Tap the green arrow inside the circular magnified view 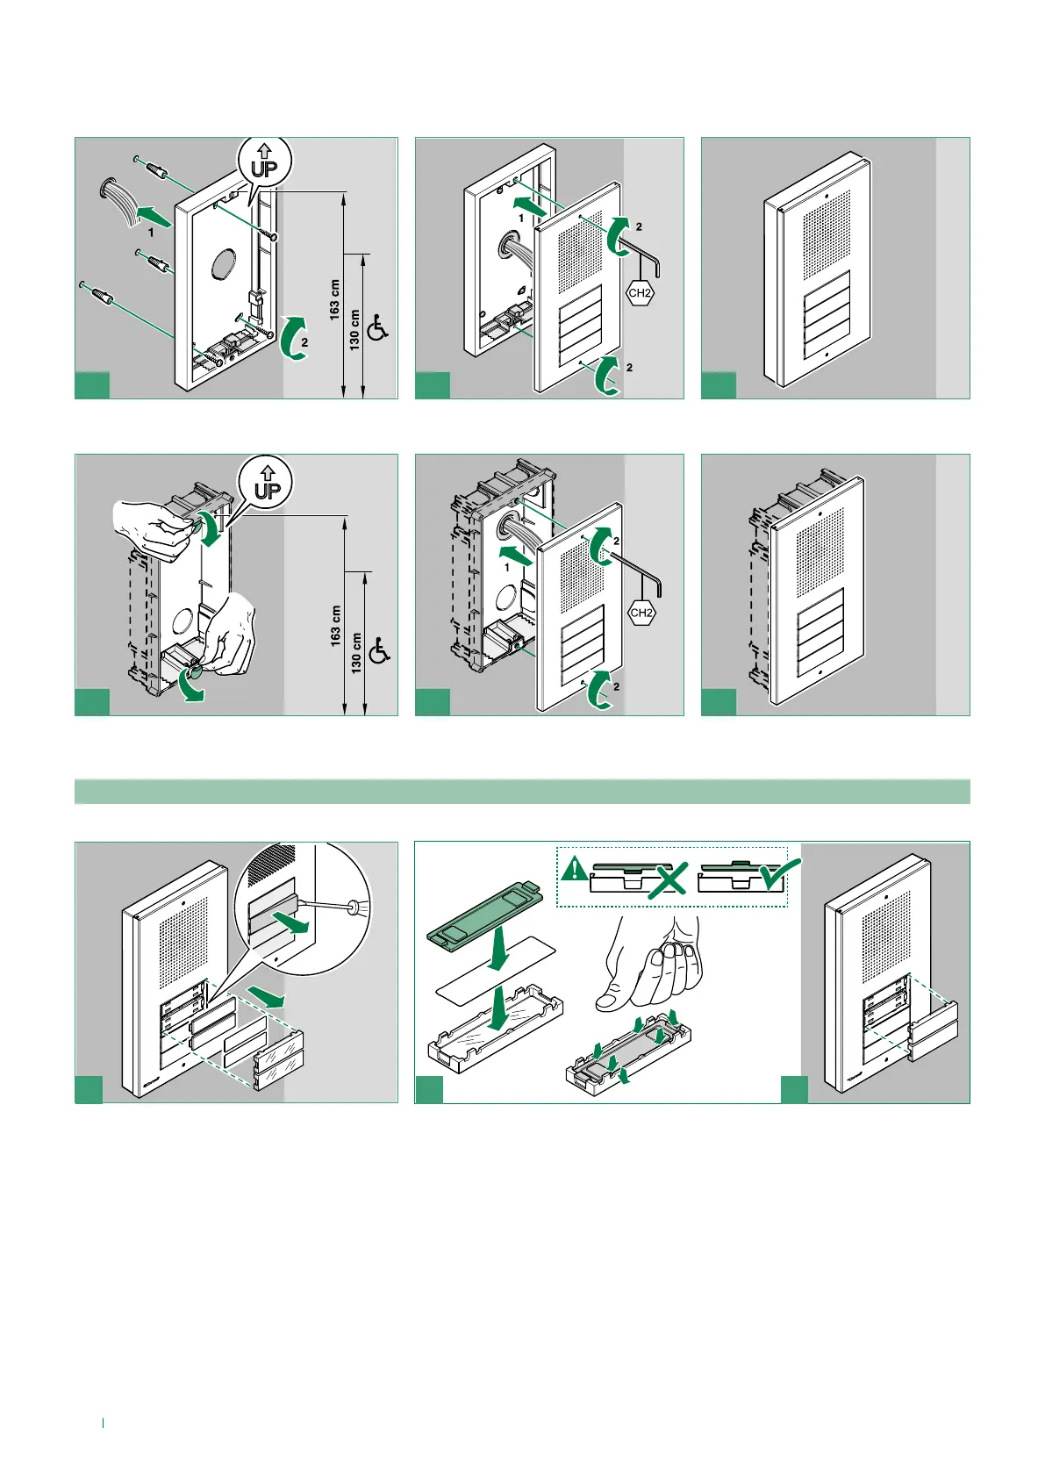(x=292, y=924)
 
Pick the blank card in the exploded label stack (x=497, y=965)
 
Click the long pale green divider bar (x=522, y=791)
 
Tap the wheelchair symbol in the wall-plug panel (x=378, y=327)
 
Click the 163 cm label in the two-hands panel (x=336, y=625)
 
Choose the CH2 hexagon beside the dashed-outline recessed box (x=641, y=613)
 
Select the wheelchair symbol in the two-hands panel (x=380, y=651)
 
